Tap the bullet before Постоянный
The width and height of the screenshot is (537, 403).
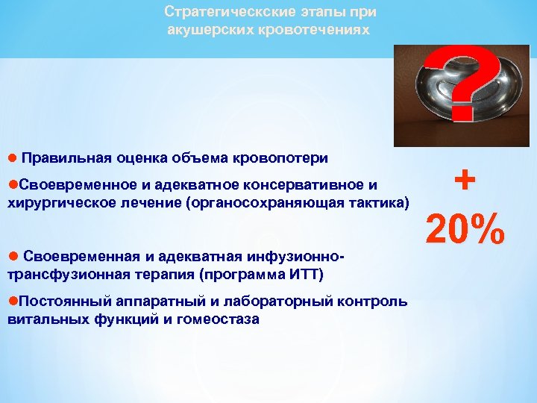pos(11,301)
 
